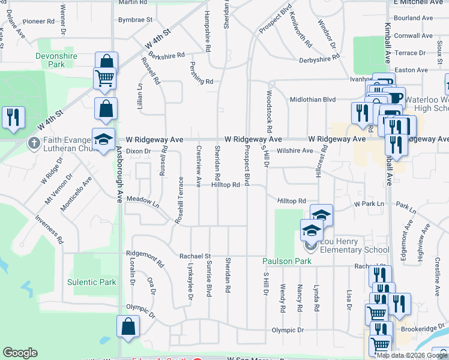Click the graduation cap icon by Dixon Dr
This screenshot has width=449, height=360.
tap(103, 139)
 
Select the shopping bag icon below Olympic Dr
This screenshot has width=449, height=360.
tap(128, 326)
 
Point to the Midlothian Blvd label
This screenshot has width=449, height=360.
tap(313, 99)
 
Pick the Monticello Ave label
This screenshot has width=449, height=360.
tap(76, 194)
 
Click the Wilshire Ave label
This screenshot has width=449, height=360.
tap(295, 151)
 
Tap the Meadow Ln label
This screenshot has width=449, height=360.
tap(142, 202)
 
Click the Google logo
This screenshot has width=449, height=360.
tap(20, 353)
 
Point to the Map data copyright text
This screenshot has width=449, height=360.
tap(412, 355)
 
